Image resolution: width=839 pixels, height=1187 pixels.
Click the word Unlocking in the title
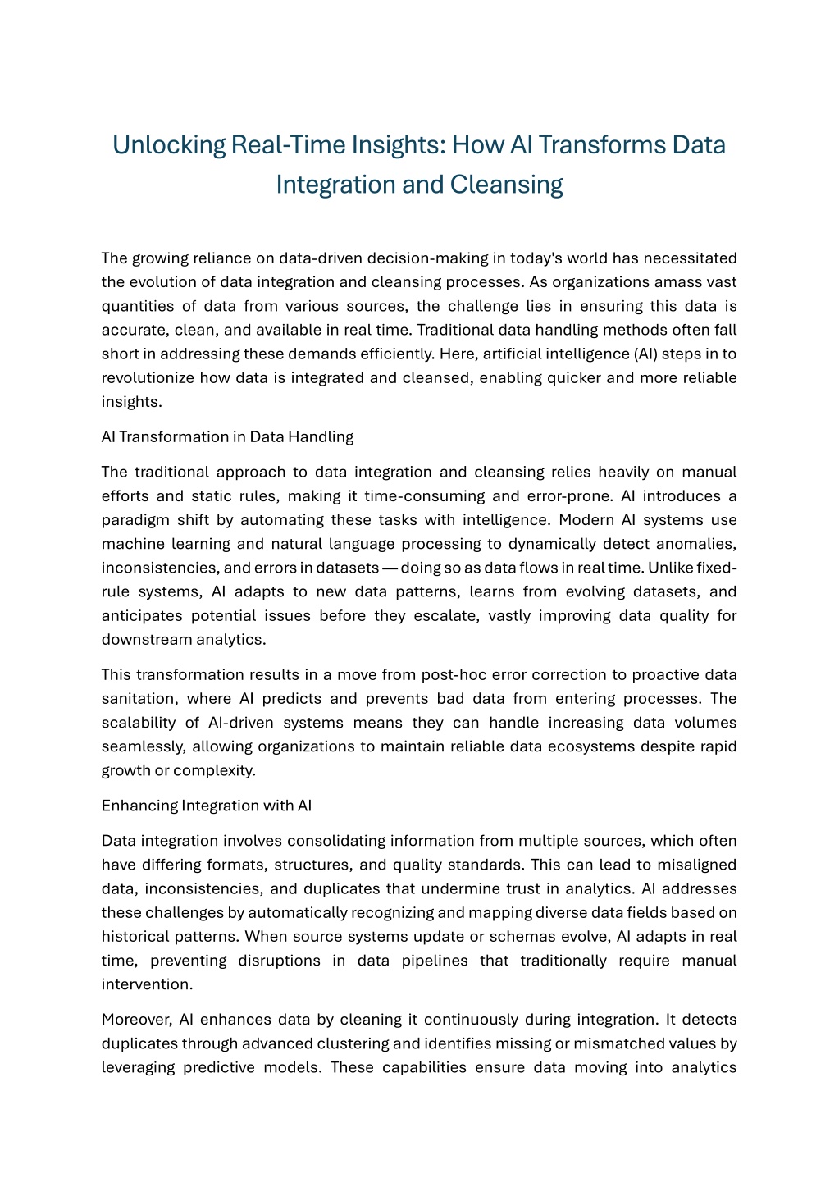click(169, 145)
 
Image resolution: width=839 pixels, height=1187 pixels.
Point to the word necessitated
click(690, 258)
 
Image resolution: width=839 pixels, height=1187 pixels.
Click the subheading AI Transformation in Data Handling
click(227, 436)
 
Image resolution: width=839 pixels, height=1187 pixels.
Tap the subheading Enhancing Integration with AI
click(207, 806)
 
